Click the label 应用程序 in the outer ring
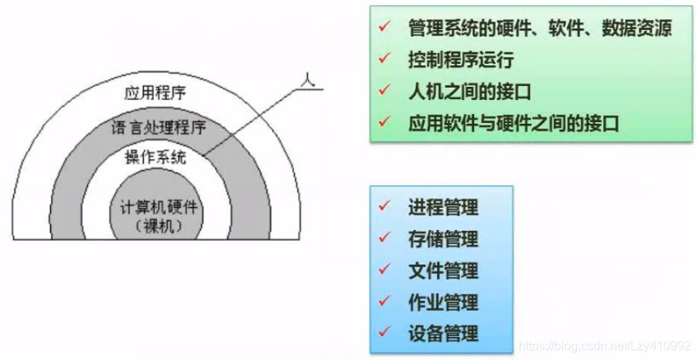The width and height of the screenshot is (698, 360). (155, 94)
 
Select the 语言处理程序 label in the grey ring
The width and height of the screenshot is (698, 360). (158, 125)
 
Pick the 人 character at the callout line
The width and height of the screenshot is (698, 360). (308, 79)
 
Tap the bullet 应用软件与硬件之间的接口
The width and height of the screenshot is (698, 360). (513, 122)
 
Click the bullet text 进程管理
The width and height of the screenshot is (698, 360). (443, 207)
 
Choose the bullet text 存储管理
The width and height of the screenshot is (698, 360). (443, 238)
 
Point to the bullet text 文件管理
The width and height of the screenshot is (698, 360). (443, 270)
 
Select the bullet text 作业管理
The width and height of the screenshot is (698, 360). (443, 302)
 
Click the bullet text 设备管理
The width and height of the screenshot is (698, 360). (443, 333)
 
